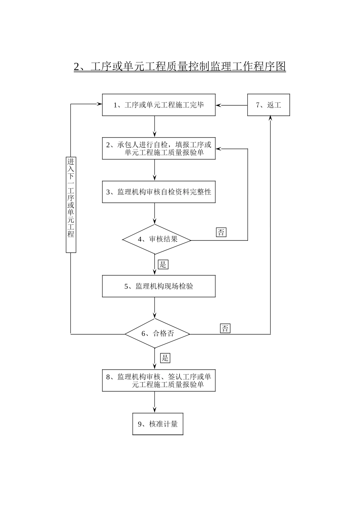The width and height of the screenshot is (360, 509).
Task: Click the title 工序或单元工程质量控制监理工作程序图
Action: pyautogui.click(x=180, y=67)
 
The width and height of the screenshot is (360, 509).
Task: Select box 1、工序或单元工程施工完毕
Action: pyautogui.click(x=159, y=105)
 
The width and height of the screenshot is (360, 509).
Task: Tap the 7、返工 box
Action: pyautogui.click(x=268, y=105)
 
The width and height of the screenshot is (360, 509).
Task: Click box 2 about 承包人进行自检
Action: pyautogui.click(x=159, y=148)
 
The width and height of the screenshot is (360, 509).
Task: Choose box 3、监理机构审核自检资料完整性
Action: pyautogui.click(x=159, y=192)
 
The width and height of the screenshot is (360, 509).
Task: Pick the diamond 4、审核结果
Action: pyautogui.click(x=157, y=239)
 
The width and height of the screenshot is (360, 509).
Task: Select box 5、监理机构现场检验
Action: pyautogui.click(x=159, y=286)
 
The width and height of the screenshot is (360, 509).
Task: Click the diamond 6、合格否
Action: pyautogui.click(x=157, y=334)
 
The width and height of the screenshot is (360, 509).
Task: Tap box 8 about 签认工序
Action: pyautogui.click(x=159, y=381)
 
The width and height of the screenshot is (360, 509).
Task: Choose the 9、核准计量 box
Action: pyautogui.click(x=158, y=424)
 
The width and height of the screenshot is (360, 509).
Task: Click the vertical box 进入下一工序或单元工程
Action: pyautogui.click(x=71, y=205)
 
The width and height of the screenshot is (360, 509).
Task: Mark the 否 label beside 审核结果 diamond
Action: pyautogui.click(x=221, y=232)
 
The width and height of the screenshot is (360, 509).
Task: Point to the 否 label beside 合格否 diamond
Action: pyautogui.click(x=225, y=328)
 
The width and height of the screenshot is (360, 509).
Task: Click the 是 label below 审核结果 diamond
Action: pyautogui.click(x=163, y=264)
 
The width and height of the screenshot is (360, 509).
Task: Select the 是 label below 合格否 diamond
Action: pyautogui.click(x=165, y=358)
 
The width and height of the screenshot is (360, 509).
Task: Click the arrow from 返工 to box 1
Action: pyautogui.click(x=232, y=105)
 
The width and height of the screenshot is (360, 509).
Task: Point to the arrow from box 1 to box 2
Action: pyautogui.click(x=155, y=126)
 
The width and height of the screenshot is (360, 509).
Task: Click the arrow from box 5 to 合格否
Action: pyautogui.click(x=155, y=308)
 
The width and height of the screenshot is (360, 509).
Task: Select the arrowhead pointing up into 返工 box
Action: pyautogui.click(x=271, y=119)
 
